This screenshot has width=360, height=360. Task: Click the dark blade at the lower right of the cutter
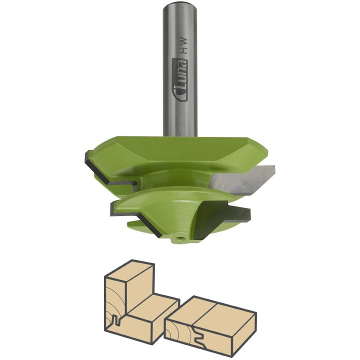225,213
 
